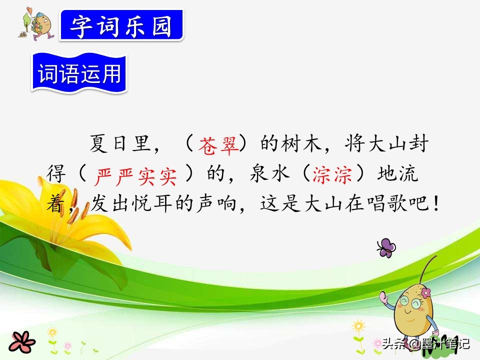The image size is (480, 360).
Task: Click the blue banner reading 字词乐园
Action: [x=121, y=25]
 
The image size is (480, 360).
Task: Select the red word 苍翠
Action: [x=216, y=145]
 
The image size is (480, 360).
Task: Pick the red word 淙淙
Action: [x=331, y=174]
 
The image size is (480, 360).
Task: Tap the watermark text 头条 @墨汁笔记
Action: [x=425, y=344]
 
